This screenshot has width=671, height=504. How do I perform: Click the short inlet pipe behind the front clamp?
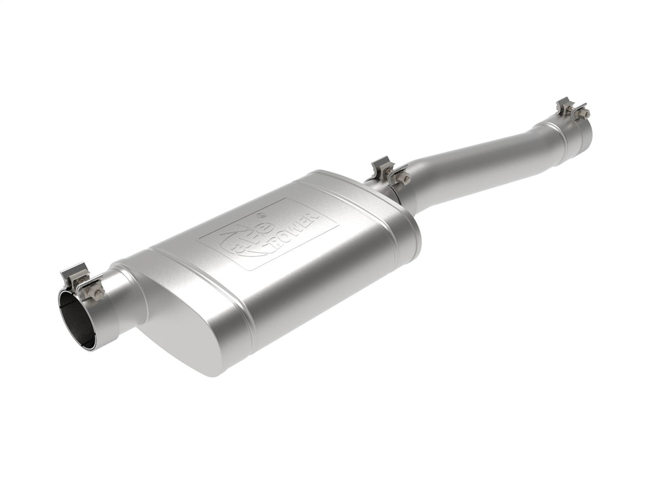point(124,299)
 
